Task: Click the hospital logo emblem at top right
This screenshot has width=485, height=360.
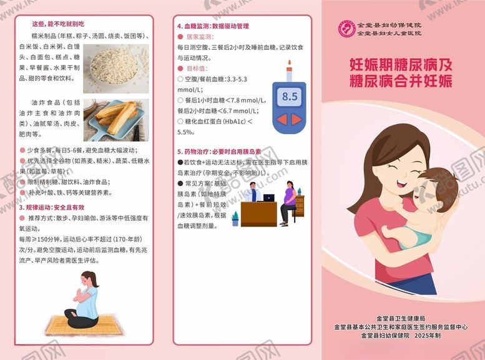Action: click(346, 28)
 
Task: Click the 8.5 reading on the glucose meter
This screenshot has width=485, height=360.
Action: click(290, 96)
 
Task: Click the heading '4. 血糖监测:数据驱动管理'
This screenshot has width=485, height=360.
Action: click(213, 26)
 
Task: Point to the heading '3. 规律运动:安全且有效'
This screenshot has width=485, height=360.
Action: click(51, 207)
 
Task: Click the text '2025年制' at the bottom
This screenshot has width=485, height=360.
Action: click(427, 336)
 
